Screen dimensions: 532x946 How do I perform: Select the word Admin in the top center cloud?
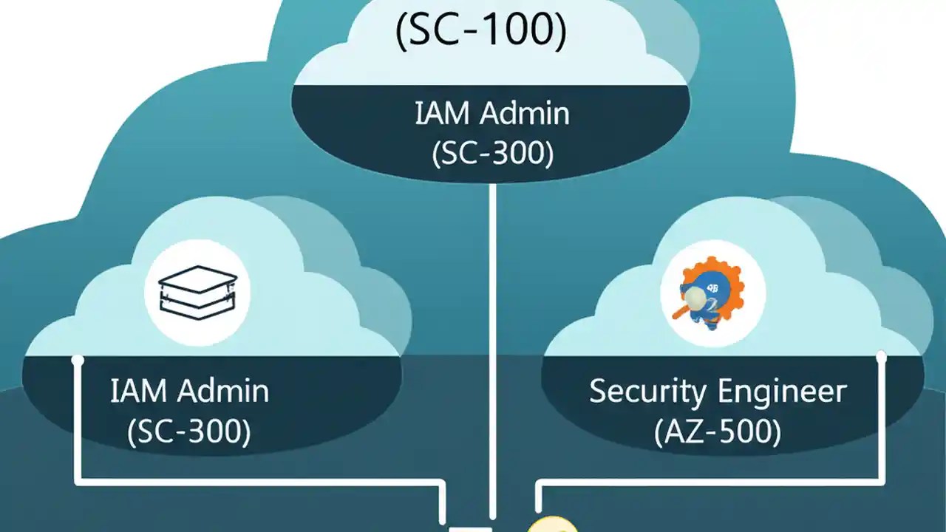[525, 114]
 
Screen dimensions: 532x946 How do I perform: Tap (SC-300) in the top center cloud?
[491, 154]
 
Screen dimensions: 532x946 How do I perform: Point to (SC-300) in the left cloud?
[189, 432]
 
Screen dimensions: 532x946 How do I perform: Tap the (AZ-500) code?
[717, 432]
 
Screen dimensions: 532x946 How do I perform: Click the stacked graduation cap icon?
[198, 293]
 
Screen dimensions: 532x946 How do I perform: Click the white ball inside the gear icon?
[695, 297]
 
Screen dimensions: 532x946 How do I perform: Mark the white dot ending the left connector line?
[77, 361]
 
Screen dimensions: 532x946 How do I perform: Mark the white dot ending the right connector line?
[880, 358]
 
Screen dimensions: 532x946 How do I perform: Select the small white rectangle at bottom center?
[471, 528]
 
